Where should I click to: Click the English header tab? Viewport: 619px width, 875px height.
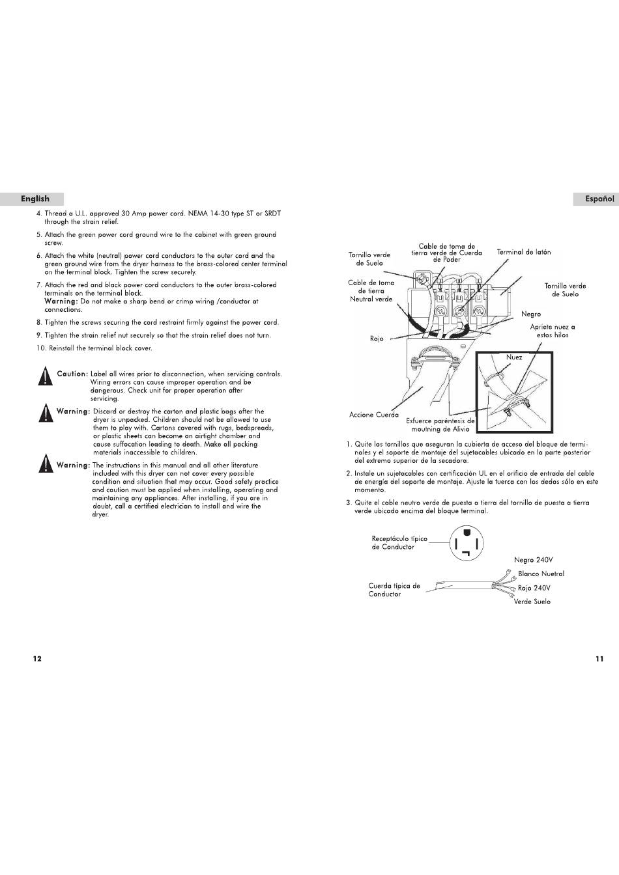click(x=32, y=199)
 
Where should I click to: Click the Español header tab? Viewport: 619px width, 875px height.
click(x=596, y=199)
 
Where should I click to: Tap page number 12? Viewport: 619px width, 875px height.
click(x=37, y=659)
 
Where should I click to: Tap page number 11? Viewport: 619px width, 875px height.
click(x=599, y=659)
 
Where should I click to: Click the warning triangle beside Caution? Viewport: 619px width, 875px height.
click(x=46, y=376)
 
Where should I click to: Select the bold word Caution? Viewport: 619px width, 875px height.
click(x=72, y=374)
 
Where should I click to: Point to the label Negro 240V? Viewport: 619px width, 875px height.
click(x=534, y=560)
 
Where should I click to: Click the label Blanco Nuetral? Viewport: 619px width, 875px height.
click(x=541, y=574)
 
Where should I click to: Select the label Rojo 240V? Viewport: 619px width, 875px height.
click(x=534, y=588)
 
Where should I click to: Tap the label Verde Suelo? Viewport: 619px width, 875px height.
click(x=532, y=602)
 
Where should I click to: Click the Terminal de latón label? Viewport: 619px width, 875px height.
click(x=524, y=253)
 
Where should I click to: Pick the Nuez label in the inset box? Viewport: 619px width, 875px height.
click(x=514, y=357)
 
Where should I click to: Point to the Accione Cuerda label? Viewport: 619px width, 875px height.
click(x=374, y=415)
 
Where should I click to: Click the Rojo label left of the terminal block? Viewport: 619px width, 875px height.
click(x=377, y=339)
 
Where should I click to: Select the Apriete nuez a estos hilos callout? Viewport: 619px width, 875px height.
click(x=553, y=331)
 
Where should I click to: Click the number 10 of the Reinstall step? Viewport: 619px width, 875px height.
click(x=41, y=348)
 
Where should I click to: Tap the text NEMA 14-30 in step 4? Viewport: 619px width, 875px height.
click(x=209, y=214)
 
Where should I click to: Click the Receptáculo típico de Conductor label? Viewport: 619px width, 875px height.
click(x=399, y=542)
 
